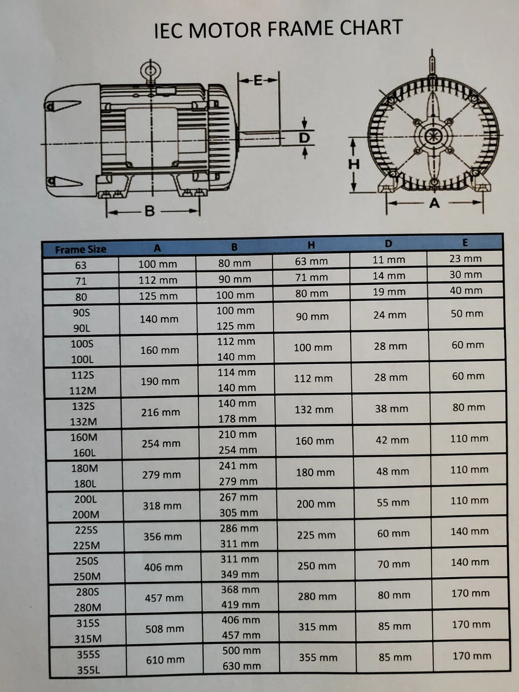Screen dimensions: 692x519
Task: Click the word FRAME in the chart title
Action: tap(294, 28)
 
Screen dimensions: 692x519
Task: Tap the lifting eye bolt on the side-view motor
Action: tap(151, 72)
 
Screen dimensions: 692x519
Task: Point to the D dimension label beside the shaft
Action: tap(304, 138)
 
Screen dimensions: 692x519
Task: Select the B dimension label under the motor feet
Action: tap(149, 212)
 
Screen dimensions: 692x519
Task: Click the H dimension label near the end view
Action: tap(353, 164)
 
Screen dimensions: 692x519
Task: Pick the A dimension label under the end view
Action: tap(434, 203)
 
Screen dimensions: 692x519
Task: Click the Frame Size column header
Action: tap(81, 250)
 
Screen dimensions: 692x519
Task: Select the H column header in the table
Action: tap(311, 245)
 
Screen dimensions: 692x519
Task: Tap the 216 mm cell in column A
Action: tap(160, 412)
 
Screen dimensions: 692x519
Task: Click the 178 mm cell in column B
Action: tap(237, 419)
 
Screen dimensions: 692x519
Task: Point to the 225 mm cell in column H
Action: tap(316, 535)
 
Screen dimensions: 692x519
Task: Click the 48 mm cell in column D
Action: tap(393, 471)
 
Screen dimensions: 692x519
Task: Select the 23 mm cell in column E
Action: tap(465, 259)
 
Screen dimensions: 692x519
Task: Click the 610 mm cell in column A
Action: tap(166, 660)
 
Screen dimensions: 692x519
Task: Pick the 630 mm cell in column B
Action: tap(242, 666)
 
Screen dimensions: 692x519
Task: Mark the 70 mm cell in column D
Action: tap(394, 565)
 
